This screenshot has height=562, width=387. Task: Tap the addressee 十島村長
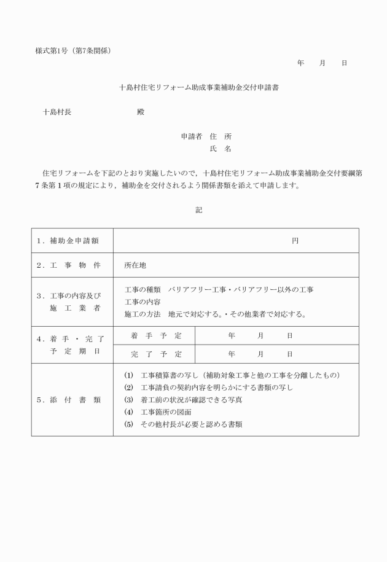coord(57,112)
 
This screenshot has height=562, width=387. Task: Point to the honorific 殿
coord(141,112)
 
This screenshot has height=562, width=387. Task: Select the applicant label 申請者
coord(192,136)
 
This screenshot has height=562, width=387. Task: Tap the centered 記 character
coord(198,209)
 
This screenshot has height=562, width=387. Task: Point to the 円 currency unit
coord(295,241)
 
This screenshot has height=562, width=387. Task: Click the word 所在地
coord(135,266)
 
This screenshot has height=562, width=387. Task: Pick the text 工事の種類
coord(143,289)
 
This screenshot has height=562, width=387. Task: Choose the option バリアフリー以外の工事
coord(283,289)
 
